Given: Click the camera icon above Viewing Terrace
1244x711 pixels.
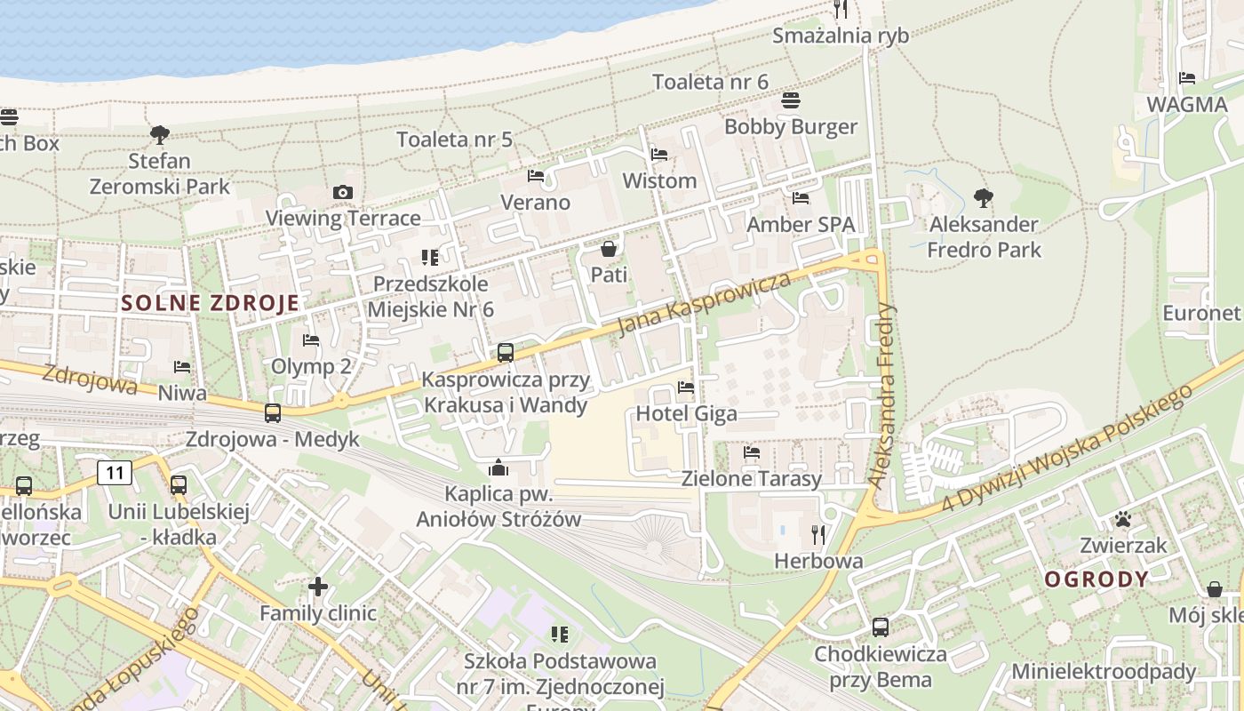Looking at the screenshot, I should [343, 192].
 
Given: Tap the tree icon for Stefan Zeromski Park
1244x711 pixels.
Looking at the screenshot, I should [160, 135].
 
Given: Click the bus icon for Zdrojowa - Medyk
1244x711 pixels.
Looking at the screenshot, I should [273, 413].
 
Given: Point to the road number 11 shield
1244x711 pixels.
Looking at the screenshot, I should [116, 472].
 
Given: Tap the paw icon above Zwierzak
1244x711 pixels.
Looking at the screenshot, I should [1124, 519].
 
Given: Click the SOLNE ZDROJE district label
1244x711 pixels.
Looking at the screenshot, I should [211, 302].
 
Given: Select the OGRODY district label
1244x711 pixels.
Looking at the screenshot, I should [1096, 580].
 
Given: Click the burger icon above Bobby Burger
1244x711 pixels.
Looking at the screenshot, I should [791, 100].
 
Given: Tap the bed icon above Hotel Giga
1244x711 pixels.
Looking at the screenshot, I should [686, 387].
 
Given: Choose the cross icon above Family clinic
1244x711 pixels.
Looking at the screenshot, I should [318, 587].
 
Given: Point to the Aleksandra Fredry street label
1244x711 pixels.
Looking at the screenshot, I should [882, 395].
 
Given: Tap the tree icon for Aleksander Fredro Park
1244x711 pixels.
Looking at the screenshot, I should [983, 197].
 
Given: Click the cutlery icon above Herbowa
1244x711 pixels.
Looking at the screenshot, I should [818, 534].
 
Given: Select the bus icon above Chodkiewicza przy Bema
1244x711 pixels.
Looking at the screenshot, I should [881, 627].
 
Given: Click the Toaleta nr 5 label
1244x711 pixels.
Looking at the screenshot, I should [455, 140].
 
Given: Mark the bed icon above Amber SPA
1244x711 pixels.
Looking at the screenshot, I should [801, 198].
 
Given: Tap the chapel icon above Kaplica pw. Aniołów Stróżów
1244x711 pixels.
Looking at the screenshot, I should [498, 467].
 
